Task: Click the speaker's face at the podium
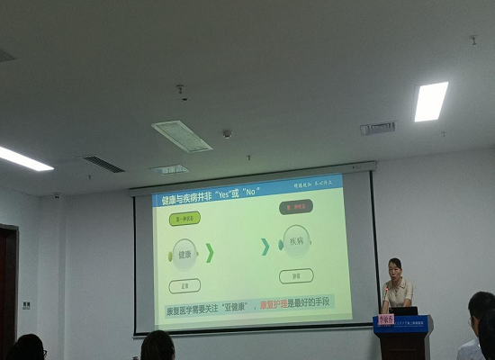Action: (x=395, y=268)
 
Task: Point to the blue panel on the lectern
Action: (x=401, y=325)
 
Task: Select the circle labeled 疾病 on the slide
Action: (x=296, y=243)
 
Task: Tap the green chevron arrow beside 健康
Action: (x=210, y=253)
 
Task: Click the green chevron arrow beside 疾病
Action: (x=265, y=246)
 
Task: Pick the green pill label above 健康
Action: (x=184, y=218)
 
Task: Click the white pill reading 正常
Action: (x=184, y=286)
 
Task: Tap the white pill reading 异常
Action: (x=296, y=275)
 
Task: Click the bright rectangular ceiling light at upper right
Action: (x=431, y=101)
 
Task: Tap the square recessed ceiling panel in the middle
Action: (x=182, y=135)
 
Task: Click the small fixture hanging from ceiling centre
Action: (x=181, y=91)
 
